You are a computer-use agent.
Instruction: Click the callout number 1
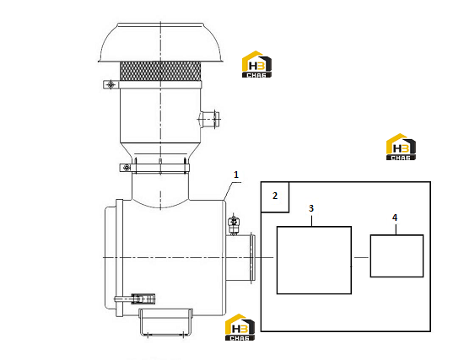[x=236, y=175]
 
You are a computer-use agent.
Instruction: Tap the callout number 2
[x=275, y=196]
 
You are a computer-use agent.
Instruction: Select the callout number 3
[x=311, y=208]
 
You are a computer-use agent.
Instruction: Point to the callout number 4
[x=395, y=218]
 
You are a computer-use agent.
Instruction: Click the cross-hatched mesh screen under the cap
[x=160, y=71]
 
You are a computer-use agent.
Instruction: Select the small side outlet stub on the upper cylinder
[x=209, y=119]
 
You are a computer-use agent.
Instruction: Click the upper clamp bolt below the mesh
[x=111, y=84]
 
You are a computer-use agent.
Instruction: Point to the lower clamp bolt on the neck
[x=127, y=168]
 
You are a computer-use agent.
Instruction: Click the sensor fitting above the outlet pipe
[x=234, y=223]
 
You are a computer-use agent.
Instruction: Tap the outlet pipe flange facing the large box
[x=252, y=257]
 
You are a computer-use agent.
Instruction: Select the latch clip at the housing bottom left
[x=135, y=298]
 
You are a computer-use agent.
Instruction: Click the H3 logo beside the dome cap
[x=256, y=64]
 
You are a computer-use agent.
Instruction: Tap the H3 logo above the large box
[x=401, y=147]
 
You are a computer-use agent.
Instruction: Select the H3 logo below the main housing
[x=240, y=327]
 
